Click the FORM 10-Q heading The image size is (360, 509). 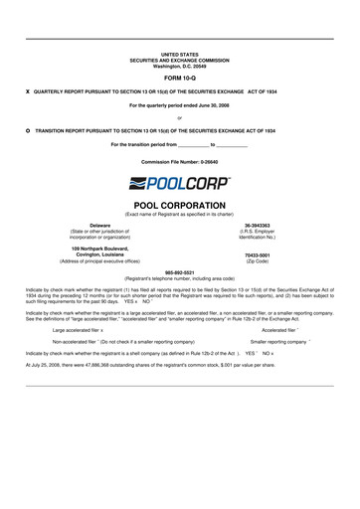click(x=179, y=77)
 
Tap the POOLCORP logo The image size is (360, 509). click(x=179, y=183)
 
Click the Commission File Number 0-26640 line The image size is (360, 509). click(x=179, y=160)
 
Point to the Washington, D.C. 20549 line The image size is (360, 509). click(x=179, y=65)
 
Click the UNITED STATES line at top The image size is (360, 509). click(x=179, y=53)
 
